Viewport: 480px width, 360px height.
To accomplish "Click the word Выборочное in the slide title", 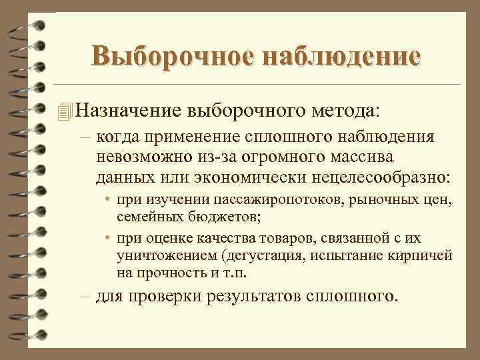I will [171, 56].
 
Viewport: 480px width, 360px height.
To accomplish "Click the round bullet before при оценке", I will [108, 239].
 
